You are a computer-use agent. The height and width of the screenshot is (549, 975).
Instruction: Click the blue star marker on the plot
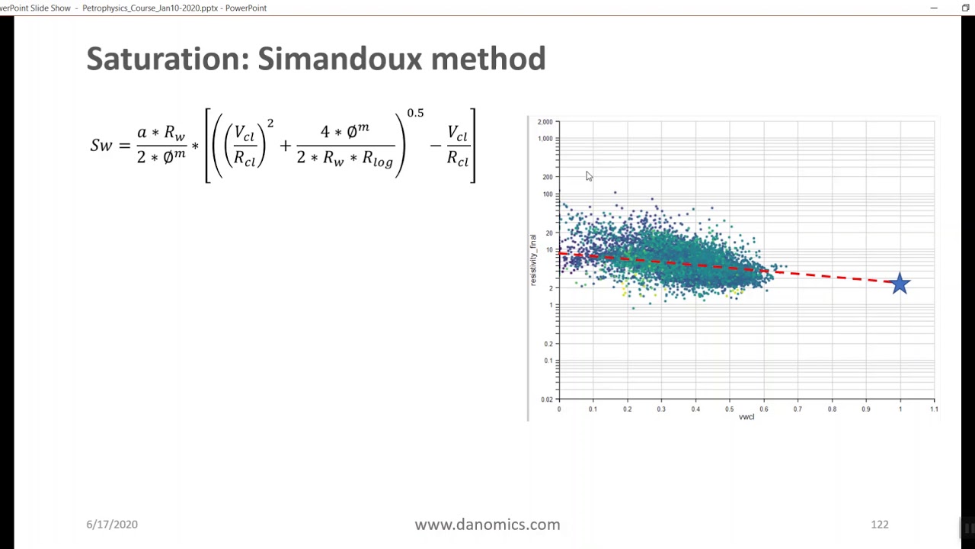[900, 284]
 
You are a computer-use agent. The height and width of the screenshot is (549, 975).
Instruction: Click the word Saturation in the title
[168, 59]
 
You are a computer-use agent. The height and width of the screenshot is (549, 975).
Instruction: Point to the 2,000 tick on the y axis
[545, 122]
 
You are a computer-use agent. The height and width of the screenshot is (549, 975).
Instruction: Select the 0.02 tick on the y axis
[546, 400]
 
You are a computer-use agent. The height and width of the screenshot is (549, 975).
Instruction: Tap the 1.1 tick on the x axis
[934, 409]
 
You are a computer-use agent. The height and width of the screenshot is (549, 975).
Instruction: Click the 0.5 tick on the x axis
[730, 409]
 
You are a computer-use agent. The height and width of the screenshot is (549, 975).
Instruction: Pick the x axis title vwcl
[746, 417]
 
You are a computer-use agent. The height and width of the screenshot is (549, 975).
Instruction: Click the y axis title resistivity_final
[533, 260]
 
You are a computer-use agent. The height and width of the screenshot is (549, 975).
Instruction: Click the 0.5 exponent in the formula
[415, 113]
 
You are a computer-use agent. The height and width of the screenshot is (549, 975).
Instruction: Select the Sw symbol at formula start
[101, 145]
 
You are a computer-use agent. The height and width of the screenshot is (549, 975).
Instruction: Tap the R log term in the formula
[377, 159]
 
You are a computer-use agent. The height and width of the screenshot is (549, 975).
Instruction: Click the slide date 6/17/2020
[112, 525]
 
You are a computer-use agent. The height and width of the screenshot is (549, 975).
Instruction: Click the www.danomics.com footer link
[487, 525]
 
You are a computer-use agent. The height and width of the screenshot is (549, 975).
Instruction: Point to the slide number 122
[879, 525]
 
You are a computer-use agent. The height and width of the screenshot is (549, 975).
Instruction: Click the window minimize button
[934, 8]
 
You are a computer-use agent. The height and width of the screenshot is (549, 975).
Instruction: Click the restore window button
[965, 8]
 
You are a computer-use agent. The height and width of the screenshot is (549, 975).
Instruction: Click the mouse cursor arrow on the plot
[589, 176]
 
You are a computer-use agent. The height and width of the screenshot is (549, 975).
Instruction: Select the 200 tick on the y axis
[547, 177]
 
